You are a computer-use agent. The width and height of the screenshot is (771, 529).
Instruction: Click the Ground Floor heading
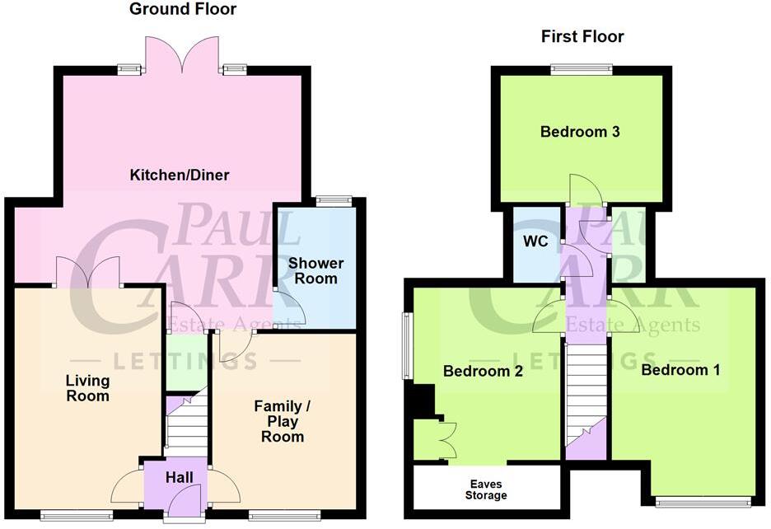[x=183, y=10]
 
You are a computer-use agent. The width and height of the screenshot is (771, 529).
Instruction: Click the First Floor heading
[x=582, y=36]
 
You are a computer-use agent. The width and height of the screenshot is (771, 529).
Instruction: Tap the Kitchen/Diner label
[x=180, y=175]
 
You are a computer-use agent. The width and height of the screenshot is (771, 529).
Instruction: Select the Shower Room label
[x=315, y=271]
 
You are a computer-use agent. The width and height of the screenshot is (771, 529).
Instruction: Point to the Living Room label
[x=87, y=388]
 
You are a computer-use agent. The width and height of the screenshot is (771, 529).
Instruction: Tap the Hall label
[x=180, y=478]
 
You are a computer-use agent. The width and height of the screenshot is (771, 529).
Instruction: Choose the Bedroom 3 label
[x=580, y=132]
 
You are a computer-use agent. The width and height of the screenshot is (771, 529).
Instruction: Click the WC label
[x=535, y=242]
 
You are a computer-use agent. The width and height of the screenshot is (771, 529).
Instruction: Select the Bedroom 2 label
[x=483, y=372]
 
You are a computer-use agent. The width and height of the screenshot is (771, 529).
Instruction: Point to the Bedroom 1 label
[x=680, y=370]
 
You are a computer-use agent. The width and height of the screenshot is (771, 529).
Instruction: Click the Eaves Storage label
[x=485, y=489]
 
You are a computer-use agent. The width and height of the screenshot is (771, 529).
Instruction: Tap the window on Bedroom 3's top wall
[x=582, y=70]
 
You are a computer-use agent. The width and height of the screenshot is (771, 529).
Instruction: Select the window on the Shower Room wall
[x=334, y=200]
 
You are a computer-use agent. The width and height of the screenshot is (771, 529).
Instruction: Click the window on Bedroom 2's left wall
[x=406, y=345]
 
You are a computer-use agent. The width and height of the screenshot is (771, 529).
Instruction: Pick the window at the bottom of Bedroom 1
[x=703, y=501]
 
